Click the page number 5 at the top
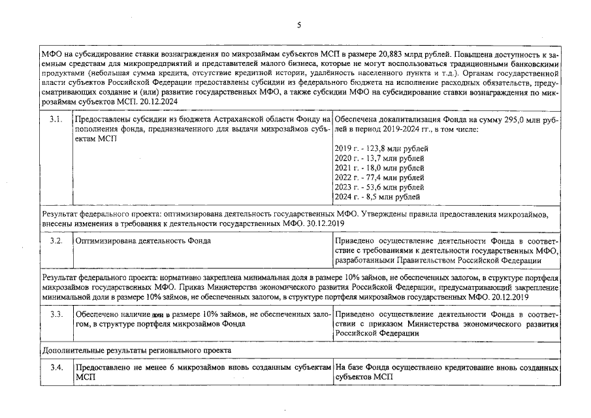(x=298, y=25)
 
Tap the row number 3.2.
(x=56, y=241)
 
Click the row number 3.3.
(x=56, y=314)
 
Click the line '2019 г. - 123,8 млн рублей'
(x=381, y=149)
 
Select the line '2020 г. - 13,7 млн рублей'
(x=379, y=159)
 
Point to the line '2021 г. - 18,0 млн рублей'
(x=379, y=168)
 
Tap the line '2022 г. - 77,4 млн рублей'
(x=379, y=178)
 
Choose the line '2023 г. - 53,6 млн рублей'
(x=379, y=187)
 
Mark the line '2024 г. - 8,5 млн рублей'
(x=377, y=197)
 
